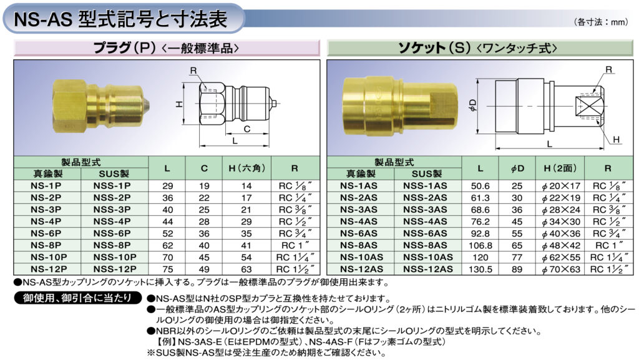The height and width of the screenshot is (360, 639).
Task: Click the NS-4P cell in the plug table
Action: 46,221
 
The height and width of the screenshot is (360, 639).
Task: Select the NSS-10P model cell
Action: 115,258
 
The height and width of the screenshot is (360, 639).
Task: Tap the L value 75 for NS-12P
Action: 167,270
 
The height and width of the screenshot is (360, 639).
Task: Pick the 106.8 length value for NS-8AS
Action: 480,246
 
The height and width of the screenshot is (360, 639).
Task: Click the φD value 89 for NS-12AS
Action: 517,269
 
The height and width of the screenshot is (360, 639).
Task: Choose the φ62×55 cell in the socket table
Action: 561,258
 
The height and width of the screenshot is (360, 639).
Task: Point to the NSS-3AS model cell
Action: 425,210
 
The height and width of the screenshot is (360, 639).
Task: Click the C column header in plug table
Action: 204,168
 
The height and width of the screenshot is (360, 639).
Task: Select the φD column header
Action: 517,168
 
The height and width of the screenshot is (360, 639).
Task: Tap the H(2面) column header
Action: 560,168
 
